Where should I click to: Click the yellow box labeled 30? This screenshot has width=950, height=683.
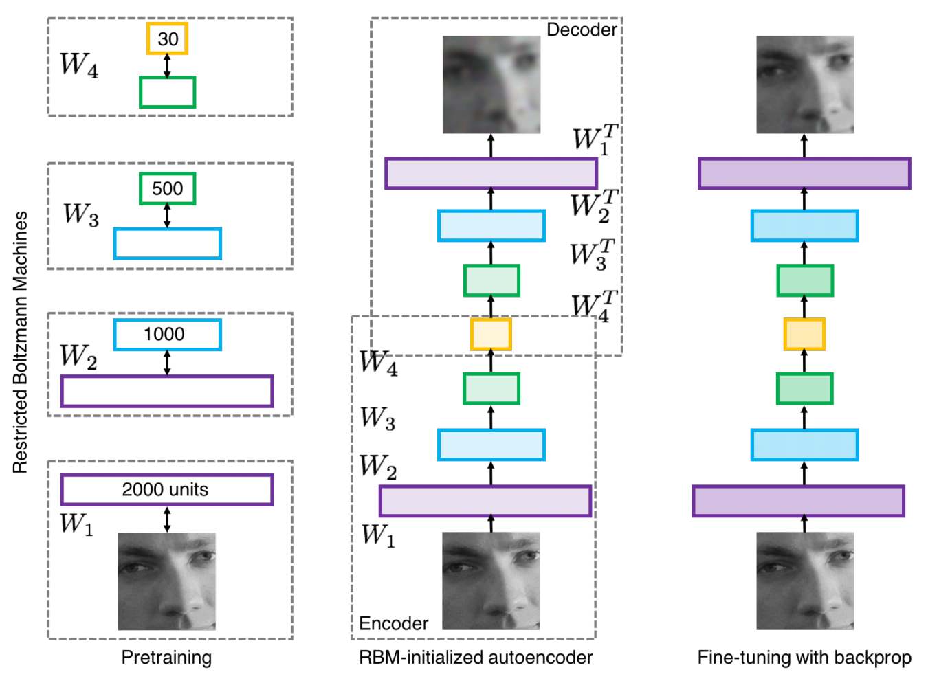167,38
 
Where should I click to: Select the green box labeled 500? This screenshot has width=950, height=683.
167,188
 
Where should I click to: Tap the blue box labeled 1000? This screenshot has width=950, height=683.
167,335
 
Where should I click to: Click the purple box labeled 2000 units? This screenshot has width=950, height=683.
166,489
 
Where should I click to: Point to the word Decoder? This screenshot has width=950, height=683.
581,30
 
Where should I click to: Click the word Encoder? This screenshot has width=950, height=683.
393,623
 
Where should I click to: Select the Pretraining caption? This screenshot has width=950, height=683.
166,658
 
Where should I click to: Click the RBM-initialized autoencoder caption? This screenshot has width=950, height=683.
475,658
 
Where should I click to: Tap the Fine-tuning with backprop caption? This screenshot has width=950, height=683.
804,658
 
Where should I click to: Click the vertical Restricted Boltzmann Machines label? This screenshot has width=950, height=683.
21,341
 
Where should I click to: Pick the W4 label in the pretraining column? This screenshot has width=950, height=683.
79,65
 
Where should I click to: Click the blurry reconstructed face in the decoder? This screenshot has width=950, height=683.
491,85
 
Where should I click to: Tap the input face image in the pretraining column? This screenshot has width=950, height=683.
166,581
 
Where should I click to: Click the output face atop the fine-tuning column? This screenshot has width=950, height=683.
805,85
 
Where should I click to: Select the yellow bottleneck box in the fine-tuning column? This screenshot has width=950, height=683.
804,335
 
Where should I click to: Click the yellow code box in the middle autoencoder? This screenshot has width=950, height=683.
491,335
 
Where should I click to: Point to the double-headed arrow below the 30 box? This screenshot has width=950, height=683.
167,66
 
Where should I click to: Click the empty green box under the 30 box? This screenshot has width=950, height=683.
167,92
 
